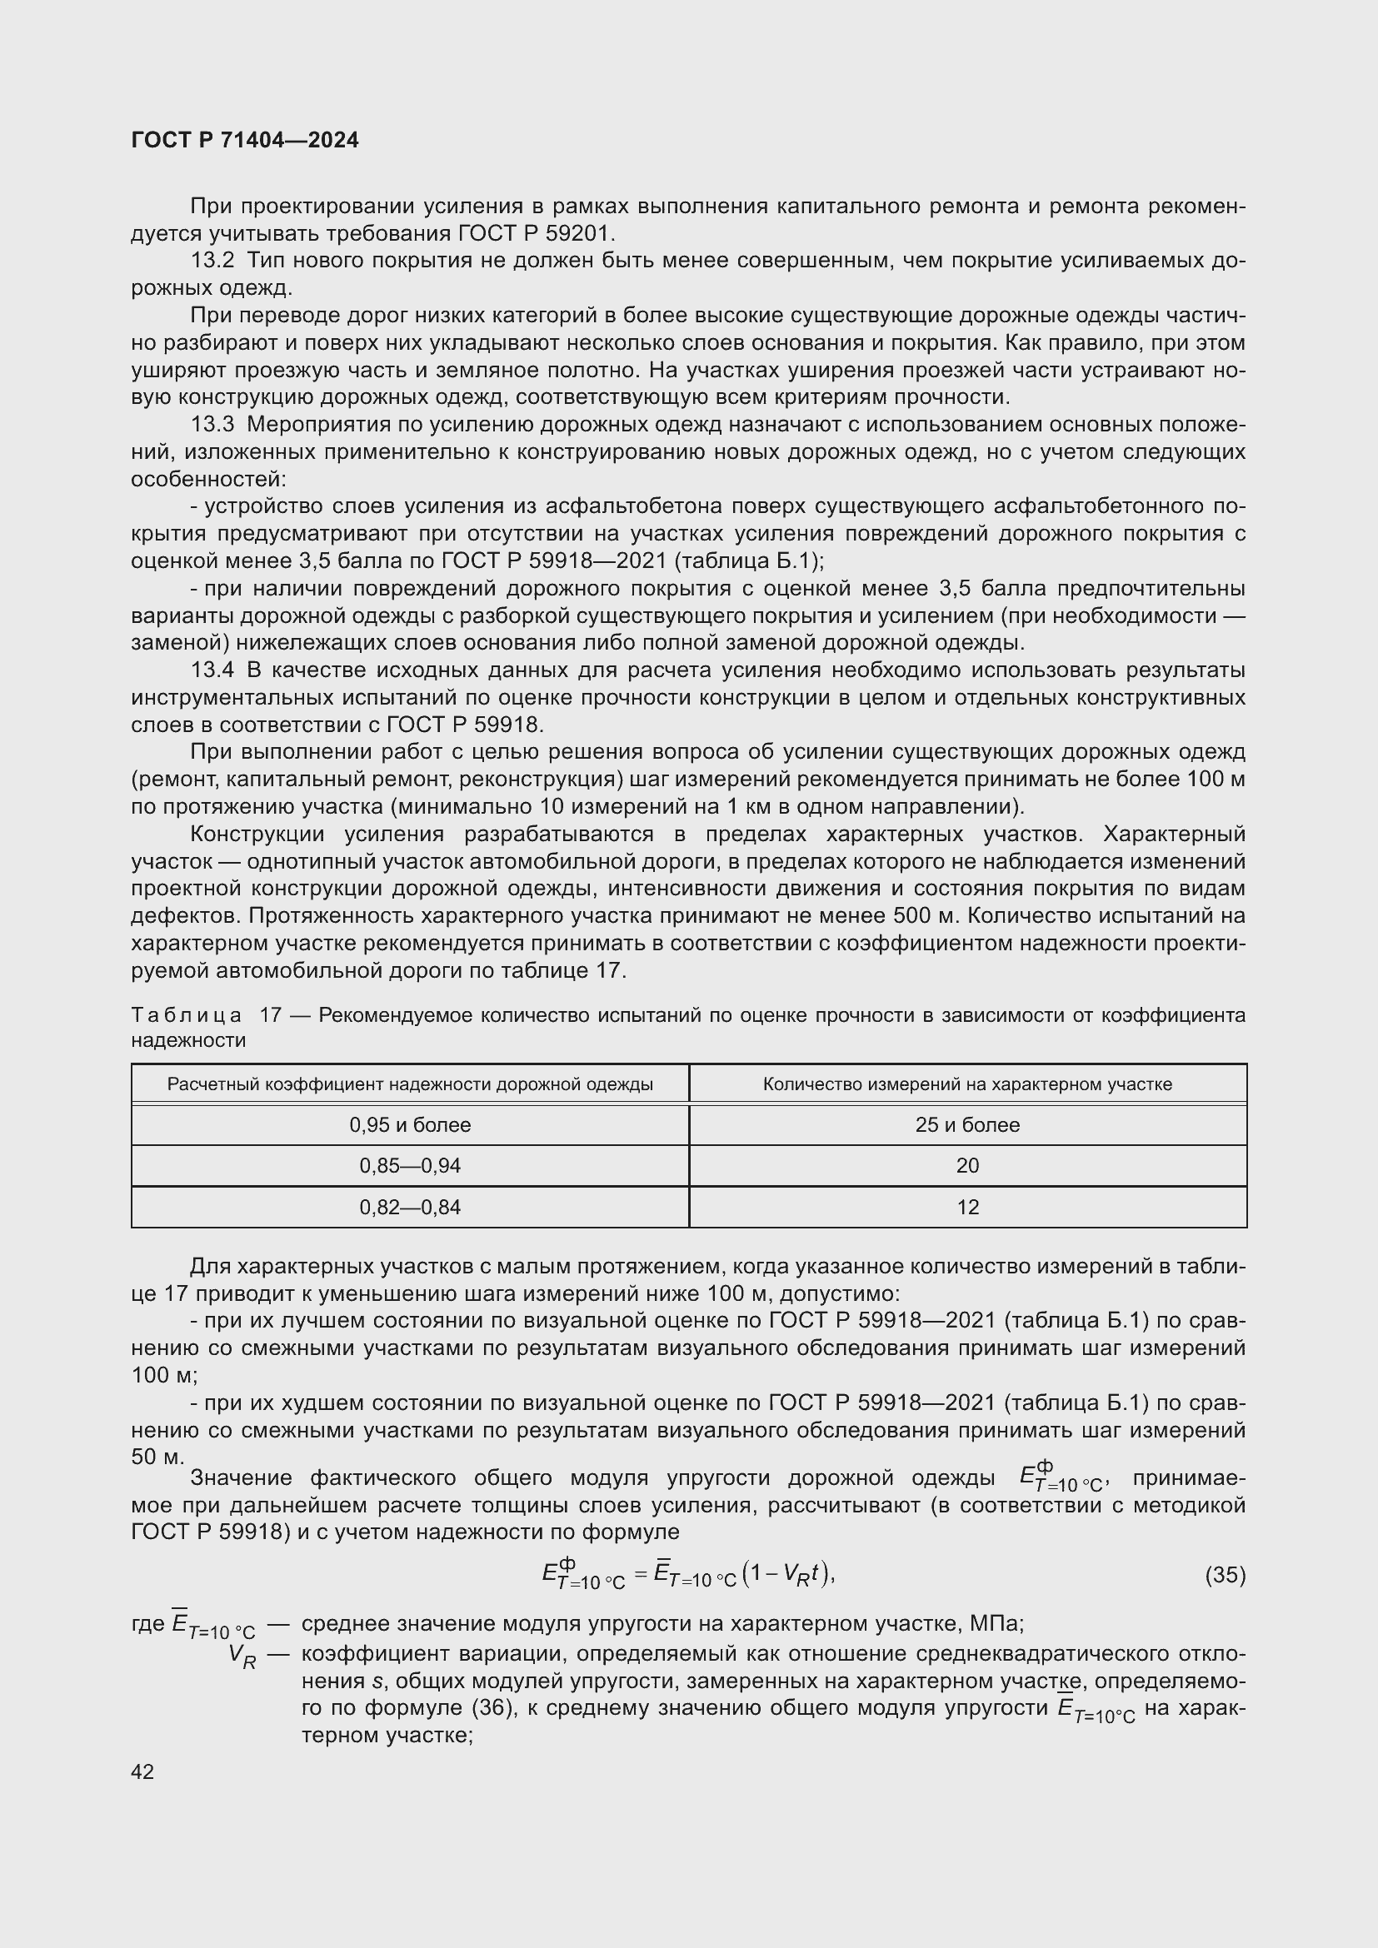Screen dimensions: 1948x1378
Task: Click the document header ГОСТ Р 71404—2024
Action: point(245,141)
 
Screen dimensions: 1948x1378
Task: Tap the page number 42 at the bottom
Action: point(142,1771)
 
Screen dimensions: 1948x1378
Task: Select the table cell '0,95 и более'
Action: point(410,1125)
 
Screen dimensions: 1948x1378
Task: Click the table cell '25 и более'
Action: point(967,1125)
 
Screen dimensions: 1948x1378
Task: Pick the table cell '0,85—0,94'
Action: point(410,1166)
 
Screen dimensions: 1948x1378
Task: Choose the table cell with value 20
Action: point(967,1166)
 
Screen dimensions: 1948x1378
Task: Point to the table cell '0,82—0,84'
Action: point(410,1207)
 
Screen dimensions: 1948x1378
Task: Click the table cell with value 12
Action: point(967,1207)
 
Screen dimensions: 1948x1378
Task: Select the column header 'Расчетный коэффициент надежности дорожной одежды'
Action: point(410,1084)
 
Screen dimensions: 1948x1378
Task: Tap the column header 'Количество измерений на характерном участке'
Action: point(967,1084)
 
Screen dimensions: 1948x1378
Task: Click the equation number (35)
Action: point(1225,1576)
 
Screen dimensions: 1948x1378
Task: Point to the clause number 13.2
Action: point(212,262)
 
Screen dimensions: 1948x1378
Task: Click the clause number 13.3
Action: point(212,424)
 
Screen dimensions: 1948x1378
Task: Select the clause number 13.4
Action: point(212,670)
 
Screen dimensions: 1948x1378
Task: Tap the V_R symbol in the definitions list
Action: point(242,1656)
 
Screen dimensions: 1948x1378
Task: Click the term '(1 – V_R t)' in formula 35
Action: point(788,1575)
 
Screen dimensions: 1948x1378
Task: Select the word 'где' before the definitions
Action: point(148,1624)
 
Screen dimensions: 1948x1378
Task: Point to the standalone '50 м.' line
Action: point(157,1457)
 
